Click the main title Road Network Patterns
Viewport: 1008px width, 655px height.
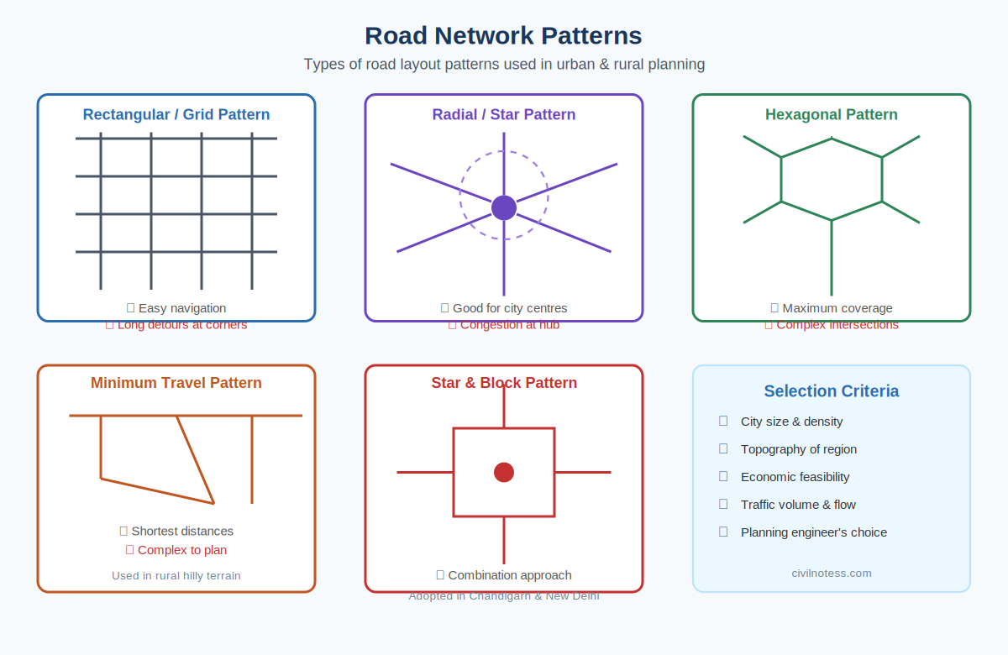(x=503, y=35)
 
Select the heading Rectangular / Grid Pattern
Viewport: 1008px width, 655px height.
(x=176, y=115)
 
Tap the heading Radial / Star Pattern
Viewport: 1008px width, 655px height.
(x=504, y=115)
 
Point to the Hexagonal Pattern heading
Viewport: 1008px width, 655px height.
(x=832, y=115)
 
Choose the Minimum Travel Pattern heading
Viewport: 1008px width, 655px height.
(x=176, y=383)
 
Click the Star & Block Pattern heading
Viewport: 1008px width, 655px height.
(x=504, y=383)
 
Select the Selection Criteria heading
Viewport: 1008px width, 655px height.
(x=832, y=391)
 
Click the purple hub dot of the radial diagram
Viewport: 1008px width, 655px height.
(x=504, y=207)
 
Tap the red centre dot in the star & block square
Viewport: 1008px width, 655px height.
(x=504, y=472)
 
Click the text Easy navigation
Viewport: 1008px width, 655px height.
(x=182, y=308)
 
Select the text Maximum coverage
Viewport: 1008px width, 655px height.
(x=837, y=308)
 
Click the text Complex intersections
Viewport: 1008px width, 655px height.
(x=837, y=325)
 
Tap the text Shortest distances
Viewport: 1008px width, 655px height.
(x=182, y=531)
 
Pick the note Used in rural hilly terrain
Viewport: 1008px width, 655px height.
(x=176, y=576)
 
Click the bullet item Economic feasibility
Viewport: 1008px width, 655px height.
(x=795, y=477)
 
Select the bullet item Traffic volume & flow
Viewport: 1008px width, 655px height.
(x=799, y=505)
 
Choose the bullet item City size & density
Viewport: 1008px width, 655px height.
(x=792, y=422)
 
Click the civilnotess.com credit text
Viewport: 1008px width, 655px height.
(x=832, y=574)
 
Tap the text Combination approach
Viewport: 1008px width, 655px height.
(x=510, y=575)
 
